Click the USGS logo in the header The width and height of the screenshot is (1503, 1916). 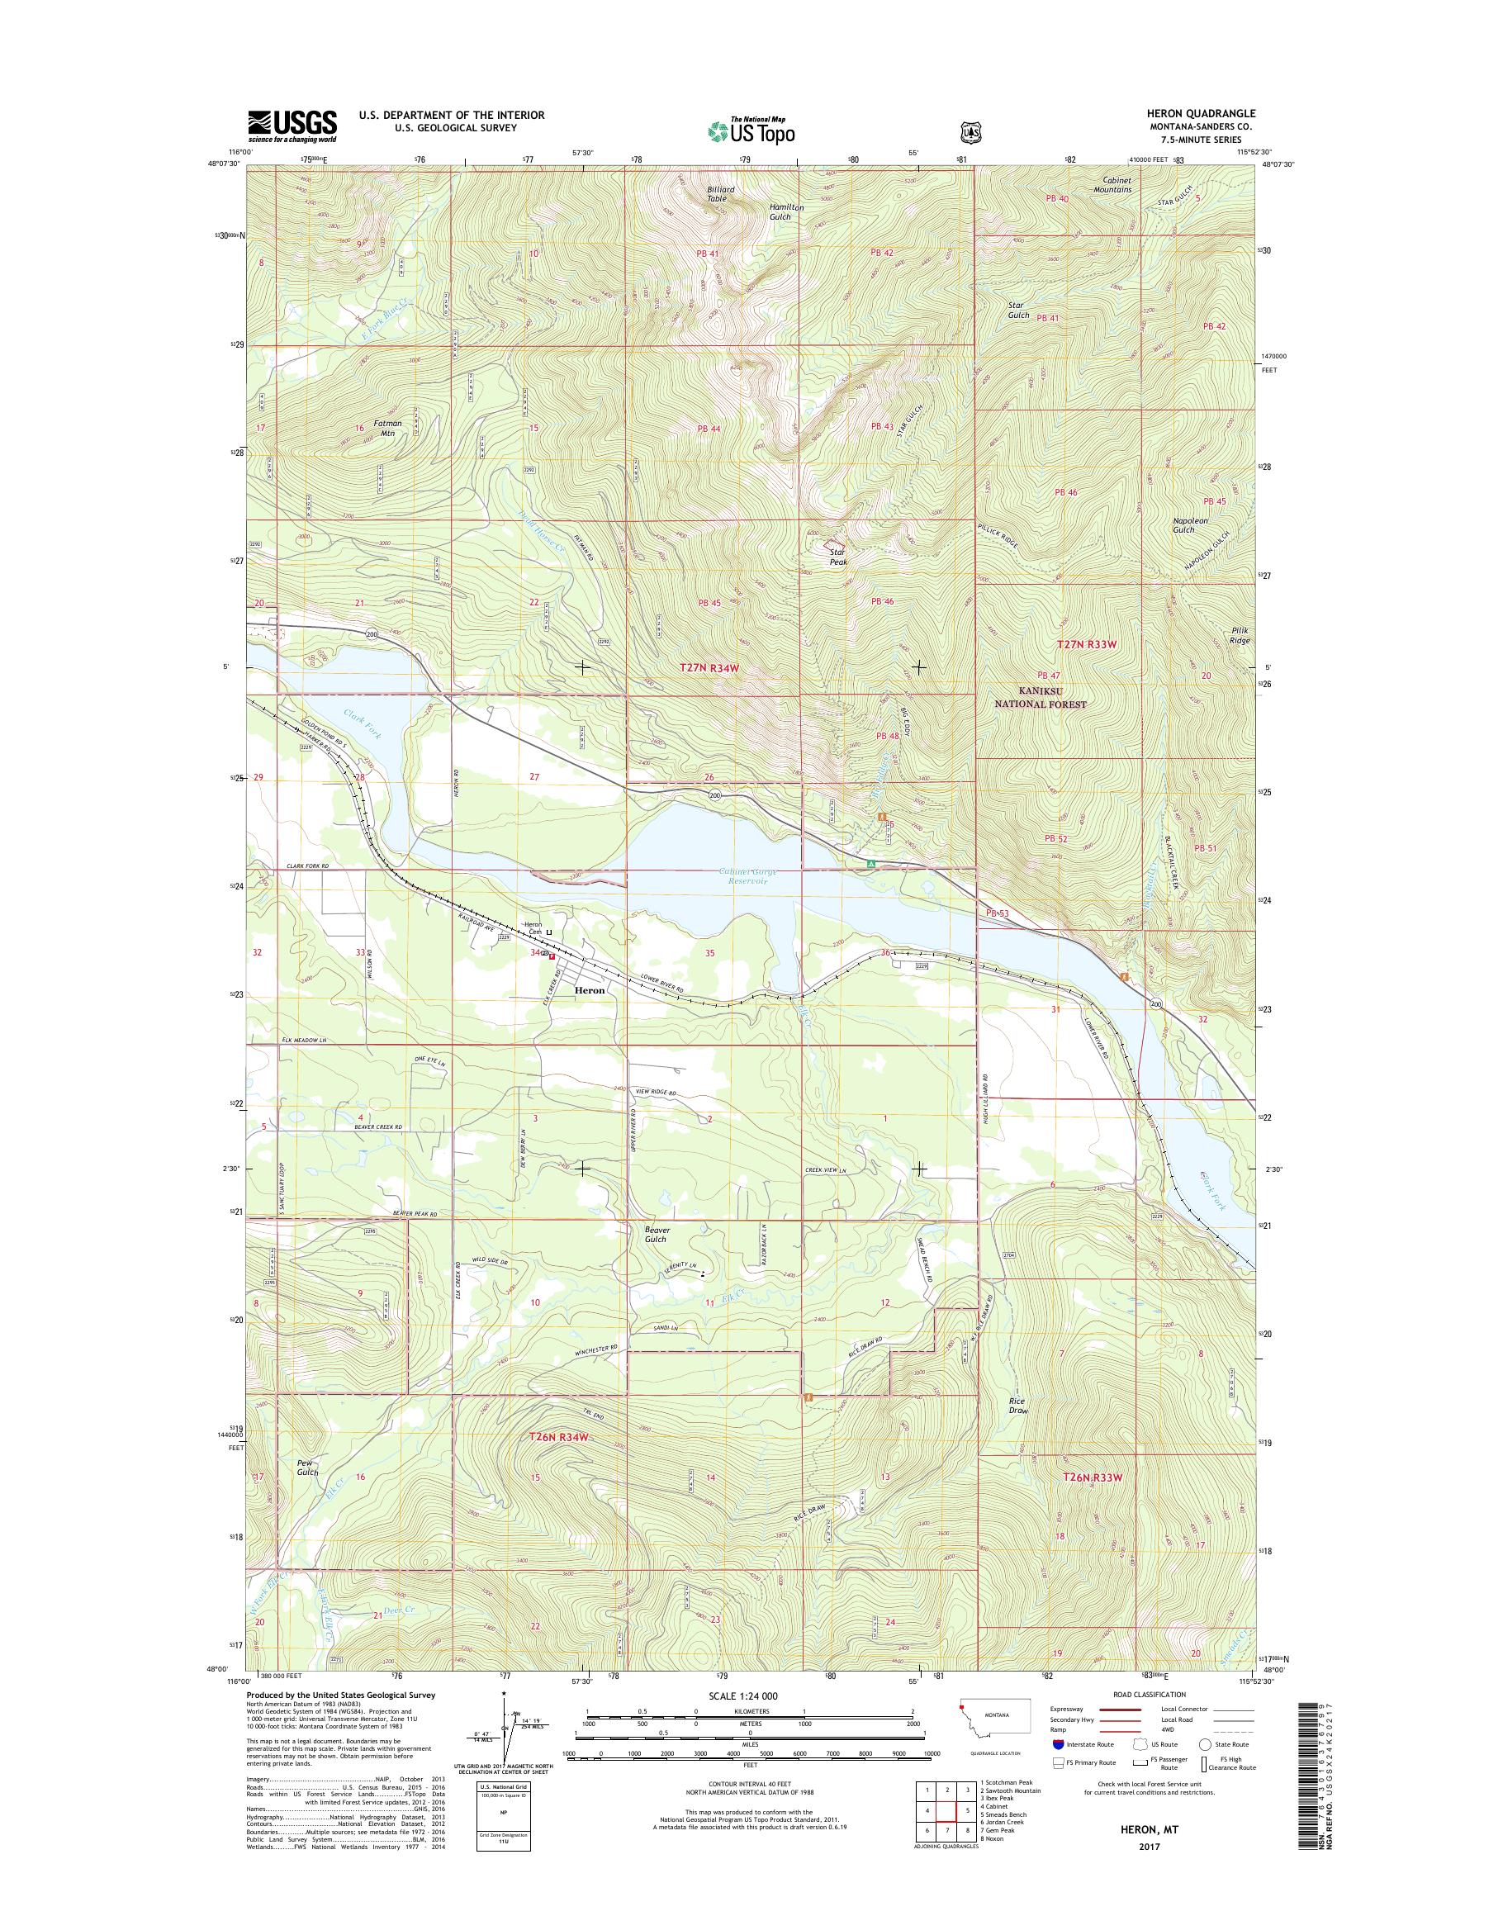292,126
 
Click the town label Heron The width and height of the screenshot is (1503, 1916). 589,990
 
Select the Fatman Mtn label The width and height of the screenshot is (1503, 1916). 387,428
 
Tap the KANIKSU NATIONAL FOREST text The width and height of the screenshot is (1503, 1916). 1041,698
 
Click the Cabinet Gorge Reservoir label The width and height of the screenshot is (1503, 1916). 744,875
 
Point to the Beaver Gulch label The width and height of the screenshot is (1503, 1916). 656,1234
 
